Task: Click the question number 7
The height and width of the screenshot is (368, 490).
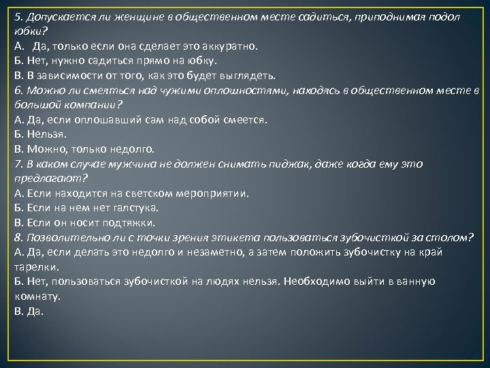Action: (x=18, y=164)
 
